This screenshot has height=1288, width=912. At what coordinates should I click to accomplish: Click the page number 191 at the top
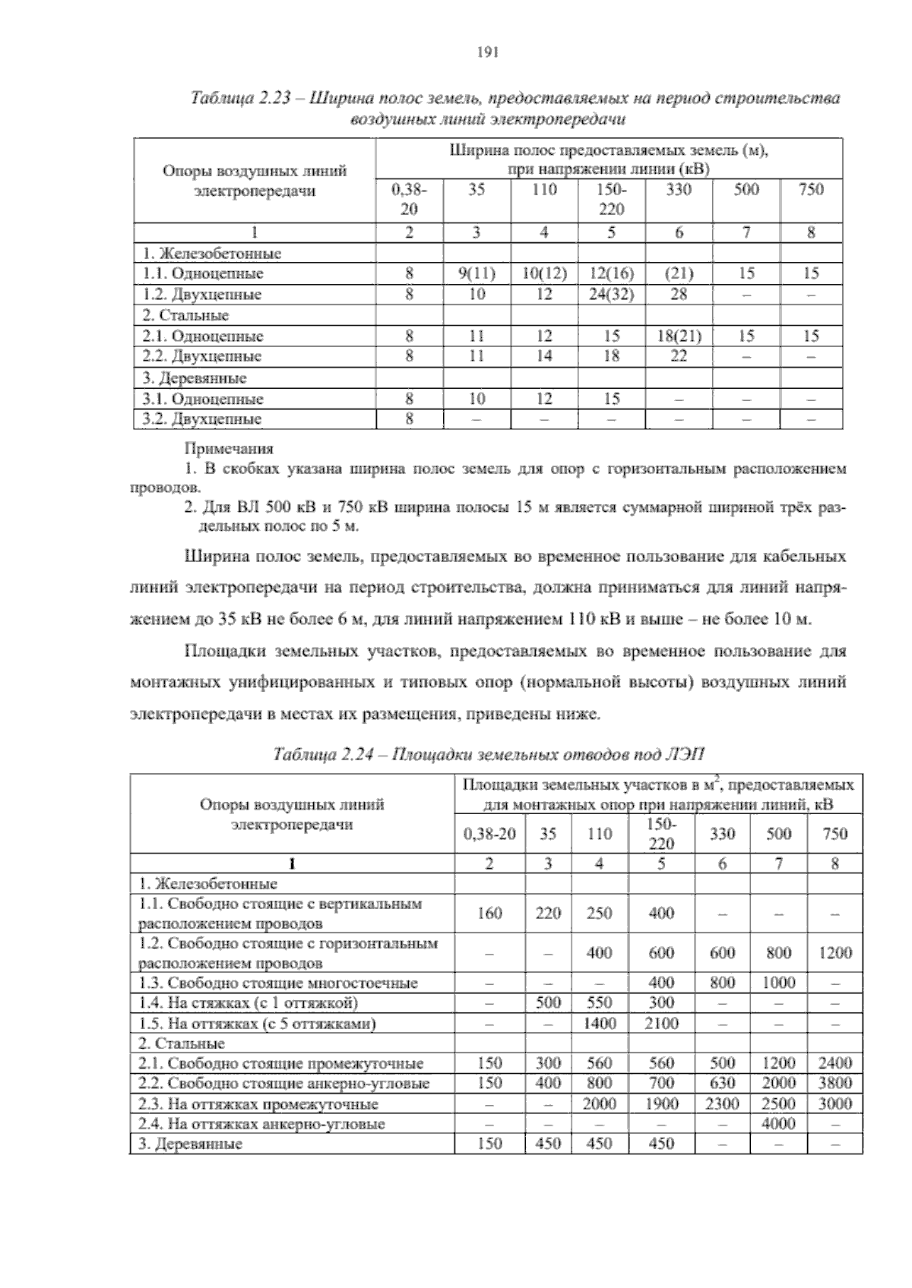[486, 52]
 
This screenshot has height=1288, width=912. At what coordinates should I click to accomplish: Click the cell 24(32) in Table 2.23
[611, 295]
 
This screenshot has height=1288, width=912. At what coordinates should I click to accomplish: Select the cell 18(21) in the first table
[678, 336]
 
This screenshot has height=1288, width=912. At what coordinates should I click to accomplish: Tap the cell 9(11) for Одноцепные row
[477, 274]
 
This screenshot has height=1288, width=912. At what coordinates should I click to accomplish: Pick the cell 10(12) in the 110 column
[544, 274]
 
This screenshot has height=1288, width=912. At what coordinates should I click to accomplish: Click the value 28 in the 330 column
[678, 295]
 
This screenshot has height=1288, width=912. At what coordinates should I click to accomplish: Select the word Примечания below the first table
[229, 449]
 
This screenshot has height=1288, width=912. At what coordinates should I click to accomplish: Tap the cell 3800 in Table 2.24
[834, 1084]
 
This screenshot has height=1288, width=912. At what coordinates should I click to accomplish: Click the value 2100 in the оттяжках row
[661, 1024]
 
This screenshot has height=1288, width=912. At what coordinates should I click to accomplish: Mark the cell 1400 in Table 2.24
[600, 1024]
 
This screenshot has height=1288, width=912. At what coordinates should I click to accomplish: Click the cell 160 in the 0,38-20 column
[489, 914]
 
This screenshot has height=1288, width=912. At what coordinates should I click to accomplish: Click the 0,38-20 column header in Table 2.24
[489, 834]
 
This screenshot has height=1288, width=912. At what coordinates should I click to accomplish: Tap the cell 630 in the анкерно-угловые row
[721, 1084]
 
